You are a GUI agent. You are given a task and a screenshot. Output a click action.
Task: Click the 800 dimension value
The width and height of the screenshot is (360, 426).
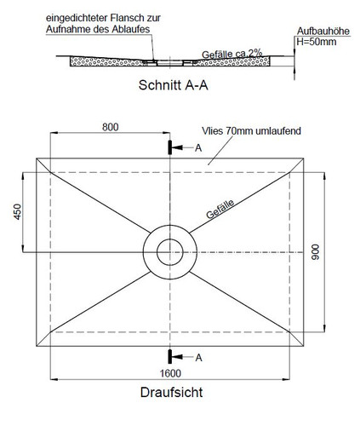click(x=111, y=127)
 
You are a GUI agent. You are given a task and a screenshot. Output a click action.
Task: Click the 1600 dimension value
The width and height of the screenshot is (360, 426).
click(x=170, y=373)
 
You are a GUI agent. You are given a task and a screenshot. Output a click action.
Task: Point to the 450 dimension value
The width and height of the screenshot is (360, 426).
click(x=18, y=212)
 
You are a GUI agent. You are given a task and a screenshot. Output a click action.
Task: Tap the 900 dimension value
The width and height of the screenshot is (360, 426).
click(x=315, y=252)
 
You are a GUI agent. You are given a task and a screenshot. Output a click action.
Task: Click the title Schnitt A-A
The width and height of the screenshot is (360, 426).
click(x=174, y=85)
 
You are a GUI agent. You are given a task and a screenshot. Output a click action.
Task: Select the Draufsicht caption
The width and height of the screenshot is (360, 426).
click(x=171, y=393)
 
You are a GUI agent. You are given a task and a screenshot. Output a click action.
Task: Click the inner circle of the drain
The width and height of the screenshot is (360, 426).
click(x=170, y=239)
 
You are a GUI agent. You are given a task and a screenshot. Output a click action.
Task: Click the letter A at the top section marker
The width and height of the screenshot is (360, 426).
click(x=198, y=148)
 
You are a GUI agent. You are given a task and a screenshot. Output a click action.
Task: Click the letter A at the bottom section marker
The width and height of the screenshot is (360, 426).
click(x=198, y=358)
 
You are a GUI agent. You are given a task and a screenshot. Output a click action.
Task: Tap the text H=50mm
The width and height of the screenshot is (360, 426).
click(x=317, y=42)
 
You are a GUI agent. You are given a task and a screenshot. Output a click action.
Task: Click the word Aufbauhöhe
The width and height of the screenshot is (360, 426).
click(x=323, y=32)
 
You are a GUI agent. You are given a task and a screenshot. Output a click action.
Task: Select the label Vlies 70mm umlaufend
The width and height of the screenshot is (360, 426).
click(x=251, y=131)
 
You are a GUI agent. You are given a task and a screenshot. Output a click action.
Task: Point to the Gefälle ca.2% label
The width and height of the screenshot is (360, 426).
click(x=231, y=54)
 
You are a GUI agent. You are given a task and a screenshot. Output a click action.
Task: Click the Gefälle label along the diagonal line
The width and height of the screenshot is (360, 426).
click(x=220, y=209)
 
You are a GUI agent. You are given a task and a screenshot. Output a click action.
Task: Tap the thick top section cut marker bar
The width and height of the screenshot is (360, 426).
click(x=170, y=147)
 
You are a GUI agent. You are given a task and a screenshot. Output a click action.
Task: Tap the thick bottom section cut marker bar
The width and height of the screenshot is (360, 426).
click(x=170, y=356)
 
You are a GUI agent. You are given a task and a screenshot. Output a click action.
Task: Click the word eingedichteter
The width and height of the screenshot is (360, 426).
click(x=77, y=18)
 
